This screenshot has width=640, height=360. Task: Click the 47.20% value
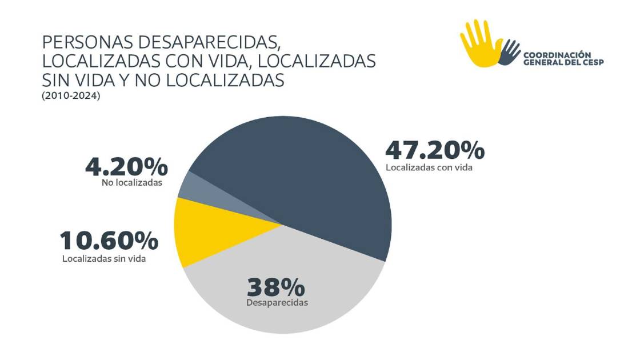435,150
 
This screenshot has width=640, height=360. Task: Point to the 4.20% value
126,167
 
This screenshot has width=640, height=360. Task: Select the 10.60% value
109,241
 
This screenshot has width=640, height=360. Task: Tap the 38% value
277,286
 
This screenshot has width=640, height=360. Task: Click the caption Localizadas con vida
429,169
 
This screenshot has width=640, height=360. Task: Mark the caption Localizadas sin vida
104,258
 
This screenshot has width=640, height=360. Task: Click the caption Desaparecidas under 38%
277,302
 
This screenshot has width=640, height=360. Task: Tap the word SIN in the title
58,81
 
